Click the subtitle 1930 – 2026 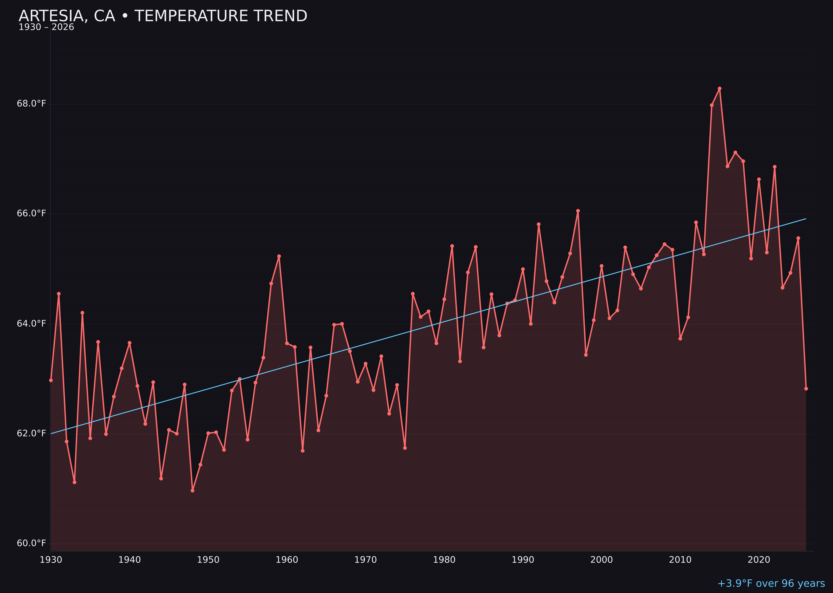pos(46,27)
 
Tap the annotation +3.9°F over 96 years pos(771,583)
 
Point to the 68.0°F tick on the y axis pos(31,104)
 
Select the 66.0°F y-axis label pos(31,213)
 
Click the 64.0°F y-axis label pos(31,324)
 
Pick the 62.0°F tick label pos(31,433)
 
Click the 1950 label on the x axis pos(208,560)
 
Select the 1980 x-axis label pos(444,560)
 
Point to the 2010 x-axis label pos(680,560)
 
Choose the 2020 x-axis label pos(759,560)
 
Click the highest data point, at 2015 pos(720,88)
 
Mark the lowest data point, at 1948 pos(193,490)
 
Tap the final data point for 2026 pos(806,388)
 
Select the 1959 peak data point pos(279,256)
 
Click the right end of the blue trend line pos(806,219)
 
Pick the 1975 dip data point pos(405,448)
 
